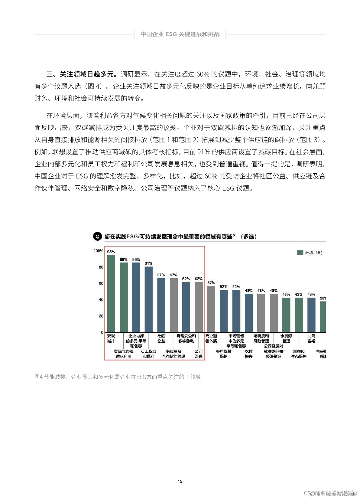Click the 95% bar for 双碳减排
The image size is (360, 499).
tap(111, 293)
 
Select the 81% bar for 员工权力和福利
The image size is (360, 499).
tap(148, 299)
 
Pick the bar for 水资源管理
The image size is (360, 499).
tap(286, 315)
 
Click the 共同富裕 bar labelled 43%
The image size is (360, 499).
tap(311, 315)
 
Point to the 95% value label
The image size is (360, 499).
tap(111, 252)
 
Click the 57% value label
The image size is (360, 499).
tap(211, 283)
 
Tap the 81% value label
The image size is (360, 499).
tap(148, 263)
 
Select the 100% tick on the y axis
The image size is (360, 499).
tap(98, 251)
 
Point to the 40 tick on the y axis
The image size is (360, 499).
tap(101, 300)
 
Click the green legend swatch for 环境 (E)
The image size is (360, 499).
tap(300, 253)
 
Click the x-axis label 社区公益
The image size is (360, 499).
tap(161, 338)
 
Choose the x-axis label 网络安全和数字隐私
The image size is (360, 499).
tap(186, 338)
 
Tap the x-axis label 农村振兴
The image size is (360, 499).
tap(248, 354)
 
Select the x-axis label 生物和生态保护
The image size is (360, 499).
tap(299, 354)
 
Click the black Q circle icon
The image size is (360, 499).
tap(97, 236)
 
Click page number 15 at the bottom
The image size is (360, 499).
tap(180, 481)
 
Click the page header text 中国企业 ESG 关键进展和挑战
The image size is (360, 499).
tap(180, 34)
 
